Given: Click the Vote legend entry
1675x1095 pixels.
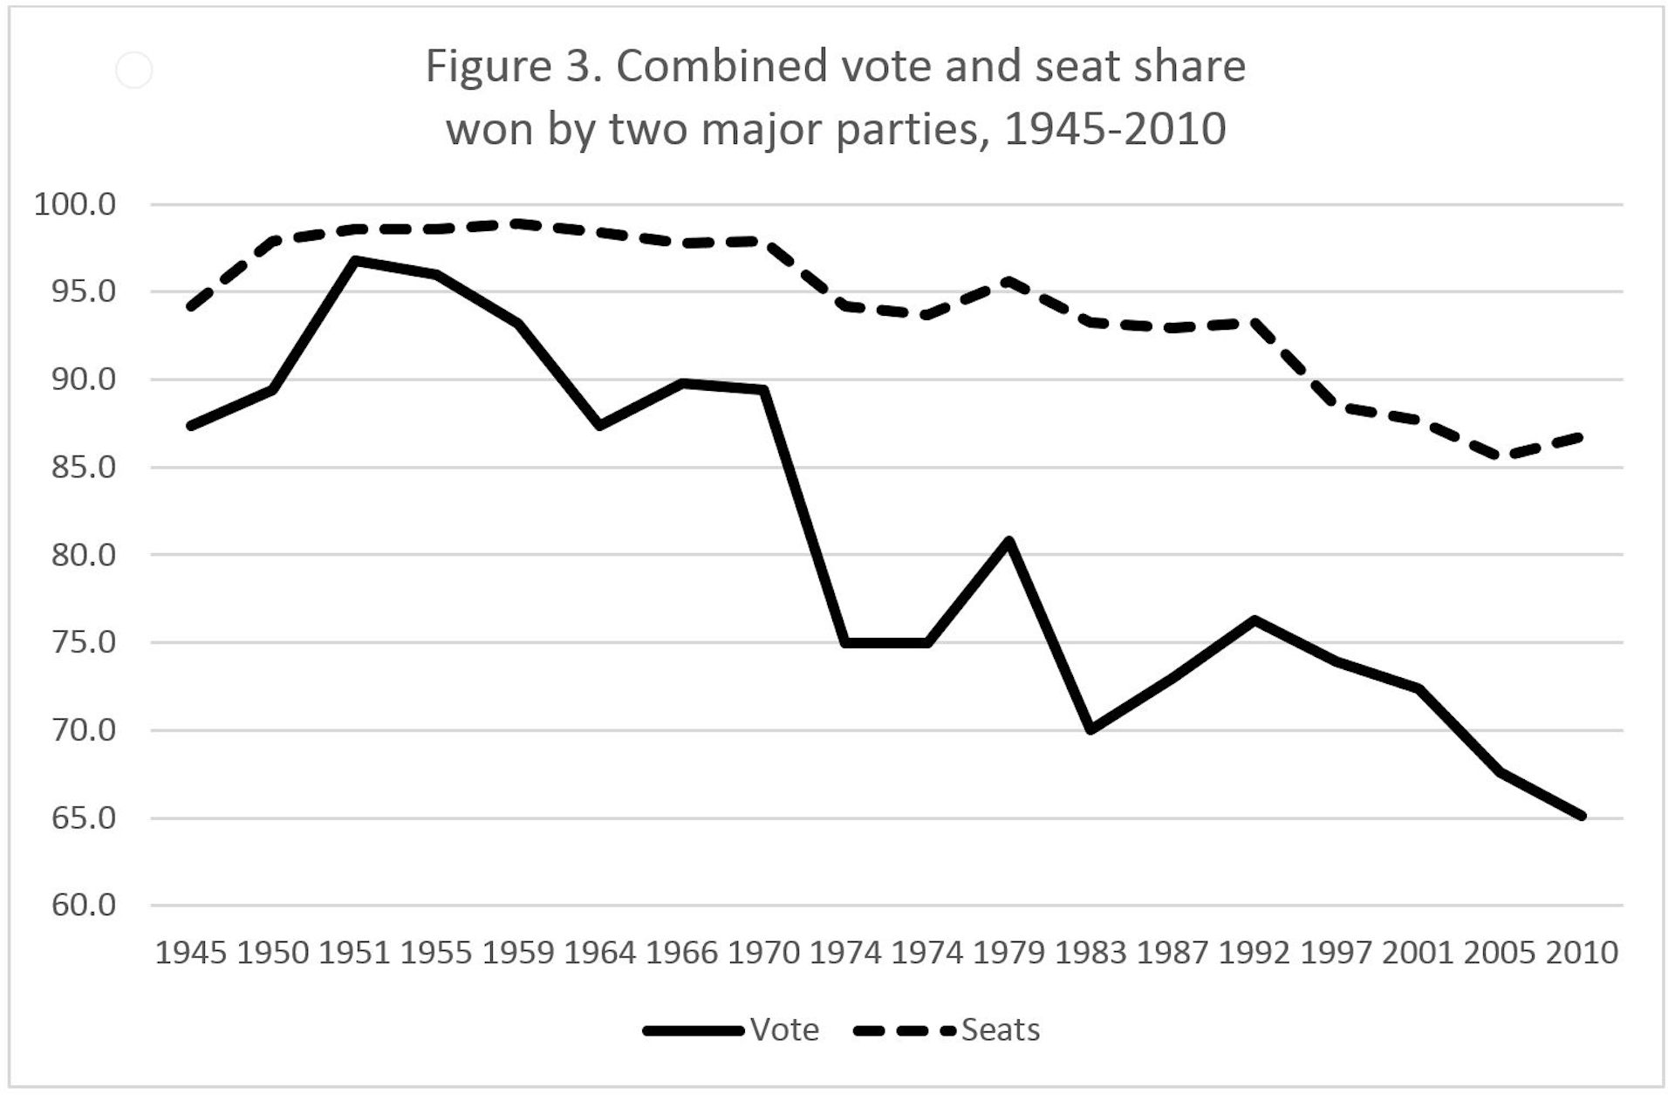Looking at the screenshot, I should pyautogui.click(x=783, y=1030).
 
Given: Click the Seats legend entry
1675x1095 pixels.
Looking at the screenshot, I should pyautogui.click(x=1000, y=1030).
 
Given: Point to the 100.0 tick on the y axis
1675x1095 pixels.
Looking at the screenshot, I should pyautogui.click(x=74, y=205).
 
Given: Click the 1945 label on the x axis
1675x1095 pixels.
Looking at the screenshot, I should pyautogui.click(x=190, y=952).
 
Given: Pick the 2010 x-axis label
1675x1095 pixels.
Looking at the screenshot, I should pyautogui.click(x=1582, y=952).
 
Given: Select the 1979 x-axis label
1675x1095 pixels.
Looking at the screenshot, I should pyautogui.click(x=1008, y=952).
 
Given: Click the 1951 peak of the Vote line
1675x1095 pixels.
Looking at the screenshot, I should pyautogui.click(x=355, y=260).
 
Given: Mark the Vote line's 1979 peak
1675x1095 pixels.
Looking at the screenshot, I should pyautogui.click(x=1009, y=541).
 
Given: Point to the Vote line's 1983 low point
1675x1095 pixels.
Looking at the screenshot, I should pyautogui.click(x=1090, y=729).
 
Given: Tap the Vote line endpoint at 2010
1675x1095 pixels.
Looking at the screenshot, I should pyautogui.click(x=1581, y=816).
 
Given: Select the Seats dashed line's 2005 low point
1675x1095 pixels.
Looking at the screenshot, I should pyautogui.click(x=1500, y=456).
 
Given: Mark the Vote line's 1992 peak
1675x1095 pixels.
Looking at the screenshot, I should pyautogui.click(x=1255, y=620).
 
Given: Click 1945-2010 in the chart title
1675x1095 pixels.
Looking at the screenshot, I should pyautogui.click(x=1114, y=129).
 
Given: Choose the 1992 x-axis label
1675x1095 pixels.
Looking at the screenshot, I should pyautogui.click(x=1254, y=952).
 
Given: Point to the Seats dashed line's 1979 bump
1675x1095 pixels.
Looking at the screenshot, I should pyautogui.click(x=1009, y=281).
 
